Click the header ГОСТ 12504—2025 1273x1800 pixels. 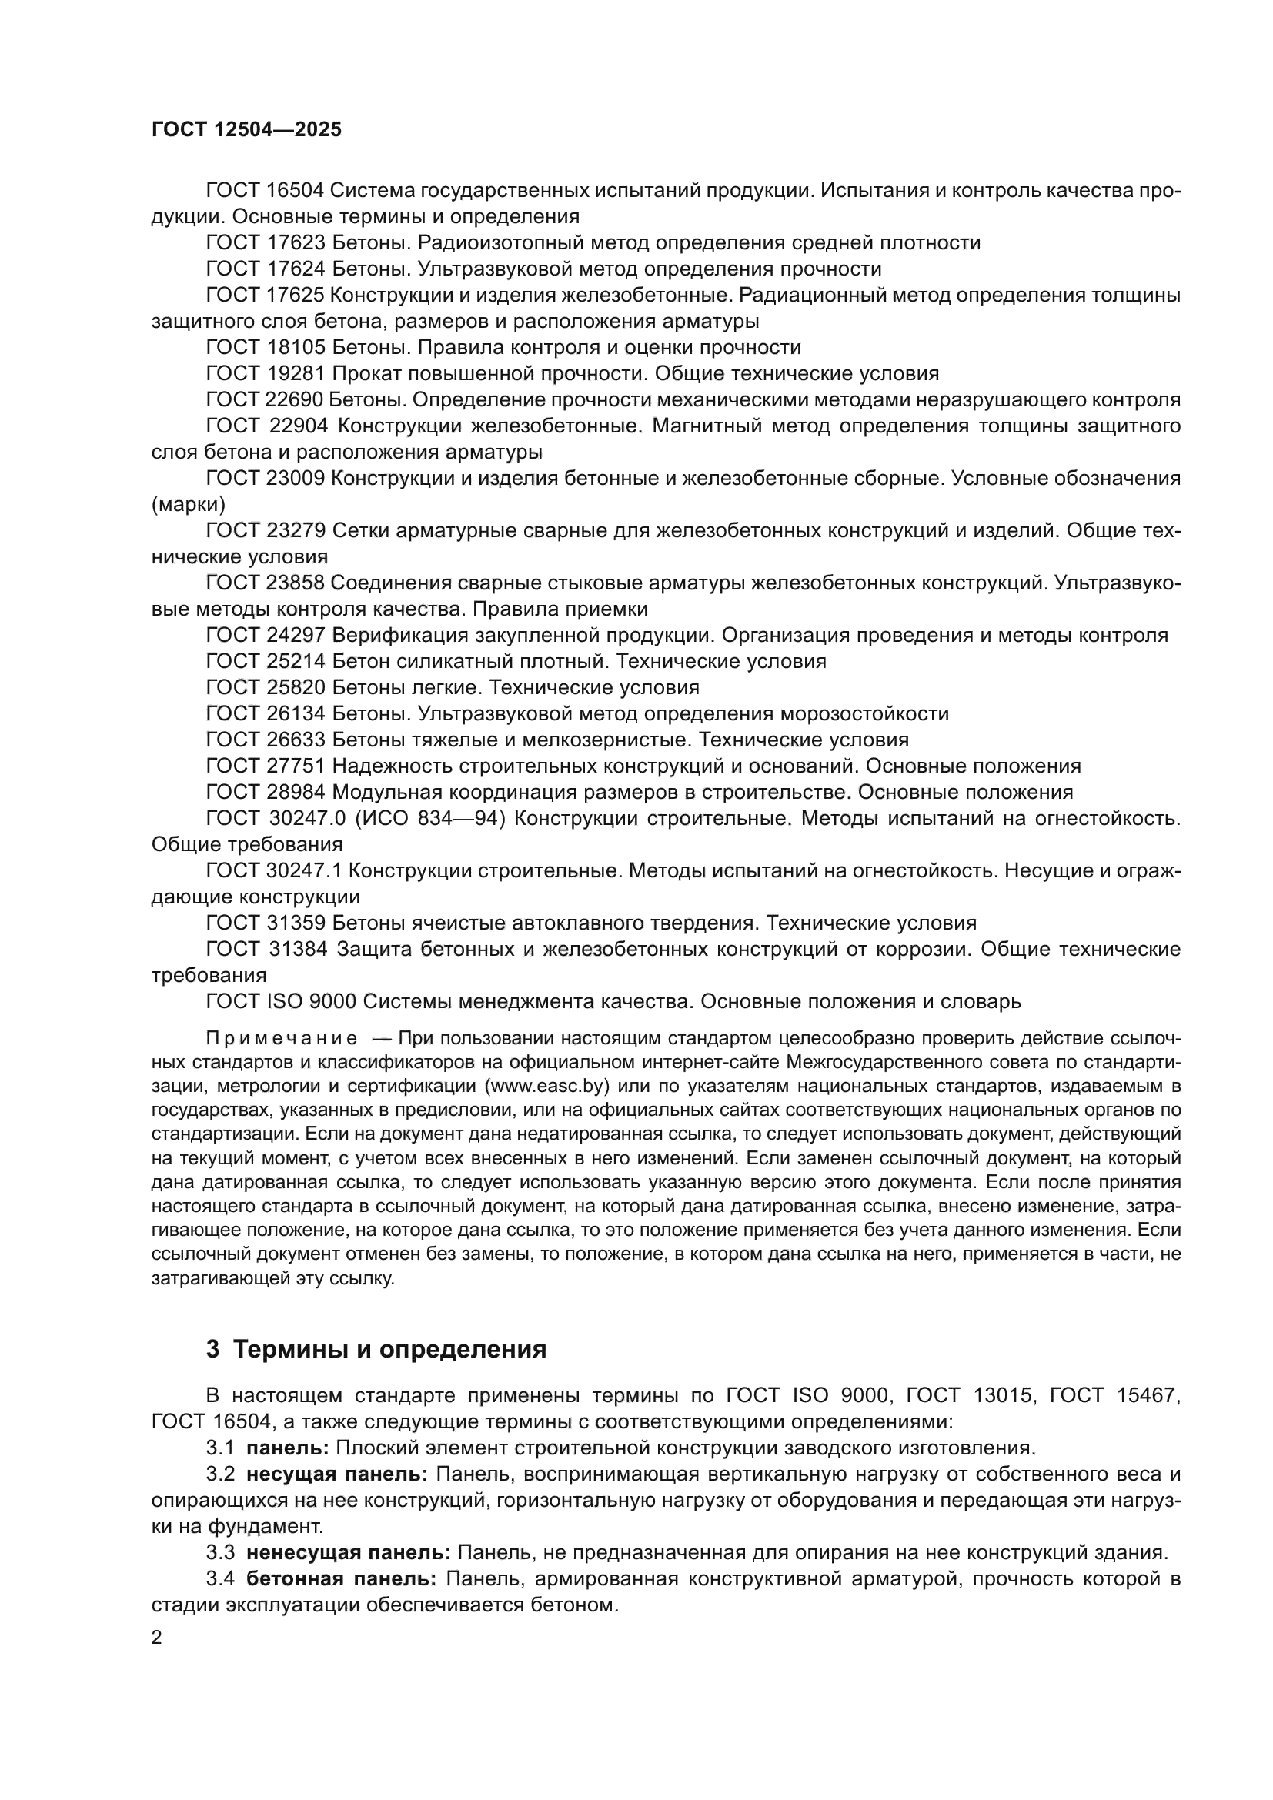tap(247, 130)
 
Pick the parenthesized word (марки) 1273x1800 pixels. tap(188, 504)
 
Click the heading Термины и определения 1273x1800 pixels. tap(389, 1349)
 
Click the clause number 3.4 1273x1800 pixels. tap(220, 1578)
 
